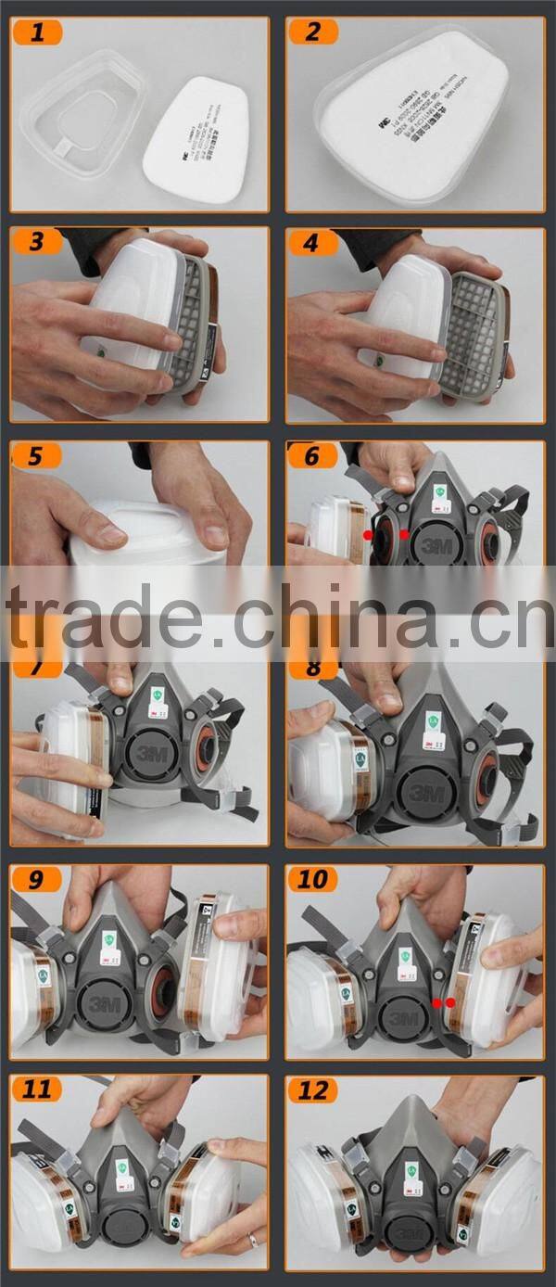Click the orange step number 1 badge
click(x=37, y=32)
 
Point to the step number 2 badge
click(x=313, y=32)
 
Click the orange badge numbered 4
click(x=313, y=243)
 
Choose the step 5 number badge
click(x=37, y=455)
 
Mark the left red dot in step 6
click(x=368, y=536)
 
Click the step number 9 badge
click(x=37, y=879)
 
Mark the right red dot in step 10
click(x=451, y=1002)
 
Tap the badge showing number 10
click(x=313, y=879)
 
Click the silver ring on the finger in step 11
click(x=251, y=1240)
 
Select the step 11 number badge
click(x=37, y=1089)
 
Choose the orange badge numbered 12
click(x=313, y=1089)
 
